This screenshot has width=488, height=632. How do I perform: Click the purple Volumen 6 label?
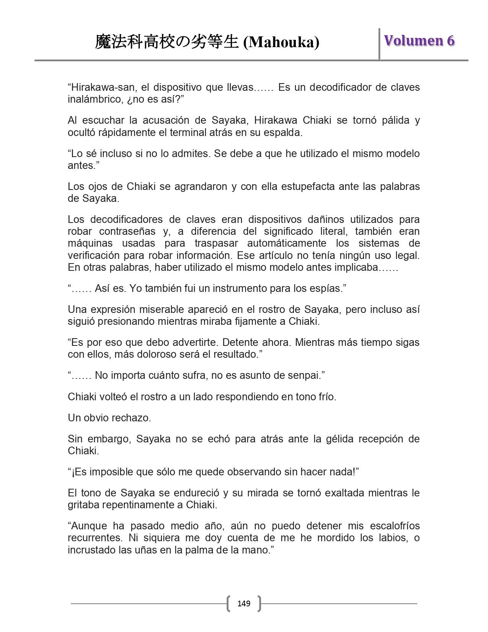419,40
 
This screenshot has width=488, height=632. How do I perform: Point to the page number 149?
244,604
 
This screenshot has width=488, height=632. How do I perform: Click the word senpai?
307,375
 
